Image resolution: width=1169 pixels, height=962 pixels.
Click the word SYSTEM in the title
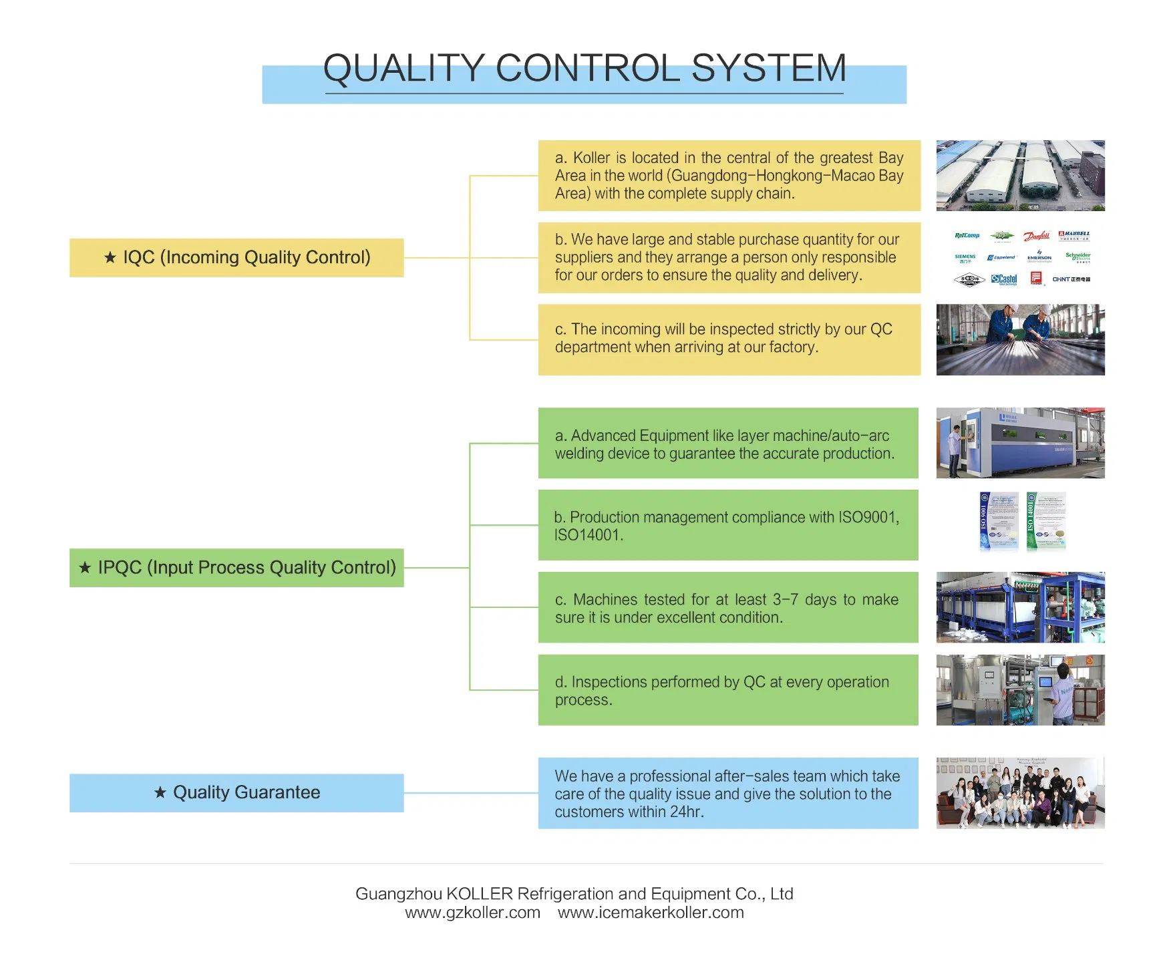pyautogui.click(x=768, y=69)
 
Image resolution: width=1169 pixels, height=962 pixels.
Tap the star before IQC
pyautogui.click(x=110, y=257)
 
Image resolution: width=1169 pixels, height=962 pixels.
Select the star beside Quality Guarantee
pyautogui.click(x=160, y=792)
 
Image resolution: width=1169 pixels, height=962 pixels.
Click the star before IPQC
pyautogui.click(x=85, y=568)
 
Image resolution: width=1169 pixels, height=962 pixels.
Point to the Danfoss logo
pyautogui.click(x=1037, y=236)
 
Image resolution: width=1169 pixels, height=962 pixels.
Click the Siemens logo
pyautogui.click(x=965, y=258)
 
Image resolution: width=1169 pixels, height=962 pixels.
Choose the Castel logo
pyautogui.click(x=1004, y=279)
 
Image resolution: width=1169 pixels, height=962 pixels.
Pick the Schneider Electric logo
pyautogui.click(x=1077, y=257)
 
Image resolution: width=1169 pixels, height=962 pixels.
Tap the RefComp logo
pyautogui.click(x=967, y=235)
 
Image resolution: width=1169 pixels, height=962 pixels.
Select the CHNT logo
pyautogui.click(x=1071, y=279)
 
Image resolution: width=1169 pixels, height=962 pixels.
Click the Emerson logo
pyautogui.click(x=1039, y=257)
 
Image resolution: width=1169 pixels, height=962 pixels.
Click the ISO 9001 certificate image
pyautogui.click(x=999, y=522)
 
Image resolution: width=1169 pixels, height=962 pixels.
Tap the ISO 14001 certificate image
pyautogui.click(x=1045, y=522)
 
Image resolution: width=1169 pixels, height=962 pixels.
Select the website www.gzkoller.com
pyautogui.click(x=472, y=913)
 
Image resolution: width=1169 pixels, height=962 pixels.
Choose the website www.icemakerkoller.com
pyautogui.click(x=651, y=913)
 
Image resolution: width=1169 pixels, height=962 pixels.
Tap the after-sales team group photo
pyautogui.click(x=1020, y=793)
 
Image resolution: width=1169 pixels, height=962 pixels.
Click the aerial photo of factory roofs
pyautogui.click(x=1020, y=176)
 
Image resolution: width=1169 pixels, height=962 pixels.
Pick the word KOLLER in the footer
pyautogui.click(x=479, y=894)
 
